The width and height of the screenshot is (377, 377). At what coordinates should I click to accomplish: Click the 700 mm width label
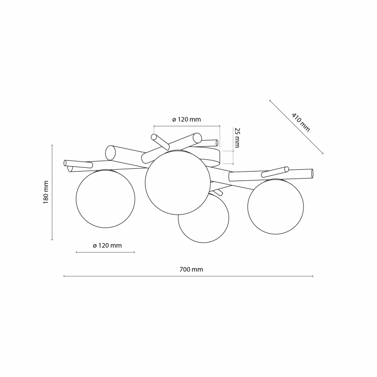click(191, 270)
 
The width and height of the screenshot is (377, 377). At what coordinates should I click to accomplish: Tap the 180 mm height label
click(46, 192)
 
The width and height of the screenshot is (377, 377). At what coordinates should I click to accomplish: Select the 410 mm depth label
click(301, 122)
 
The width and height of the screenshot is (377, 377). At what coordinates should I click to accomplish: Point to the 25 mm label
click(237, 138)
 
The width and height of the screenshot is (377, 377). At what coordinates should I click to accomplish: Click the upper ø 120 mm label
click(186, 120)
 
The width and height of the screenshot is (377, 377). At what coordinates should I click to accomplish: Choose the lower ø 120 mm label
click(107, 246)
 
